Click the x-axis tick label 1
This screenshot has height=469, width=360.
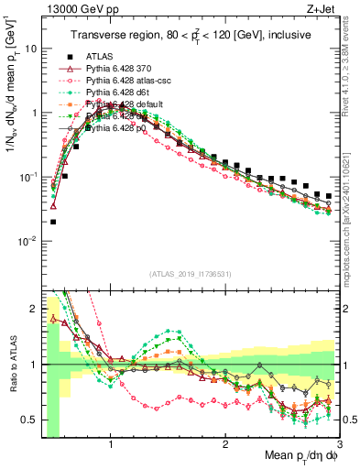coord(111,442)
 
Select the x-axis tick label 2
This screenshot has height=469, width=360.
coord(225,442)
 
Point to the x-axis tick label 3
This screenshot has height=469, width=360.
coord(339,442)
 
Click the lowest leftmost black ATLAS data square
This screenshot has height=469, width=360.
coord(53,222)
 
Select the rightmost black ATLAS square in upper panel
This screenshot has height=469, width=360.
coord(329,196)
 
